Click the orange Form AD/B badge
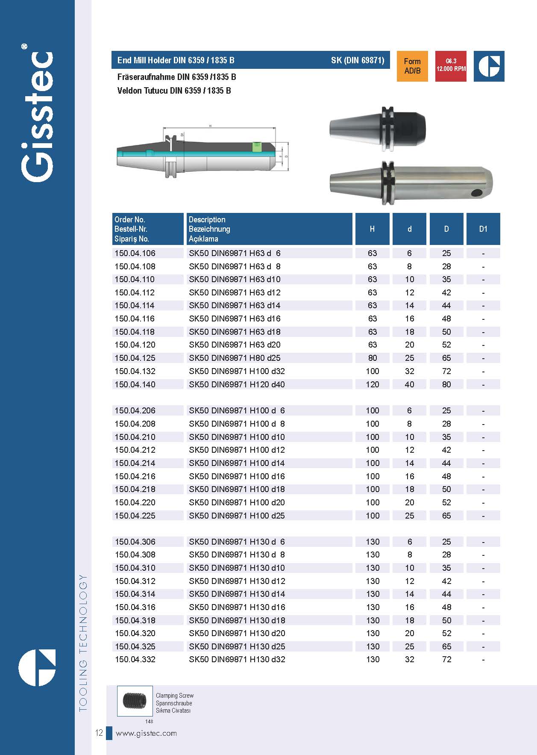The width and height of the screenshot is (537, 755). [412, 66]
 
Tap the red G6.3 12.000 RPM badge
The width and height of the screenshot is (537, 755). [451, 66]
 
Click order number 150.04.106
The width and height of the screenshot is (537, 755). [135, 254]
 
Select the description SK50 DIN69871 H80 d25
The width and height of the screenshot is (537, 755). [235, 358]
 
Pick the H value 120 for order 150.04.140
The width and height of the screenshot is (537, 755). [372, 384]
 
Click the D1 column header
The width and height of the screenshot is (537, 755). [483, 229]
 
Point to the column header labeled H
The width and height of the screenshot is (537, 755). [372, 229]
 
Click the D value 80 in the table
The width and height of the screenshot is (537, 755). [446, 384]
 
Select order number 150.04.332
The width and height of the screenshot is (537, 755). [135, 660]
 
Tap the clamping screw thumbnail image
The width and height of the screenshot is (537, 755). [135, 701]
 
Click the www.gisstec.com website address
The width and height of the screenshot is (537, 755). [146, 733]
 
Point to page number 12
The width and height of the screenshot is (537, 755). [99, 733]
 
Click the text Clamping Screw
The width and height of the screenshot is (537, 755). [174, 696]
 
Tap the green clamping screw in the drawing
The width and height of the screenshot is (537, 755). [257, 146]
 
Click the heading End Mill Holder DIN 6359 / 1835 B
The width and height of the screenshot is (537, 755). [176, 60]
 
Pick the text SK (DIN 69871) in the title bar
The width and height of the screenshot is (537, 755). [358, 60]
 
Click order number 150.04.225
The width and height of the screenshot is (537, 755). [135, 516]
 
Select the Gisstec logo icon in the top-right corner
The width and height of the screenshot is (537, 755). [489, 66]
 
